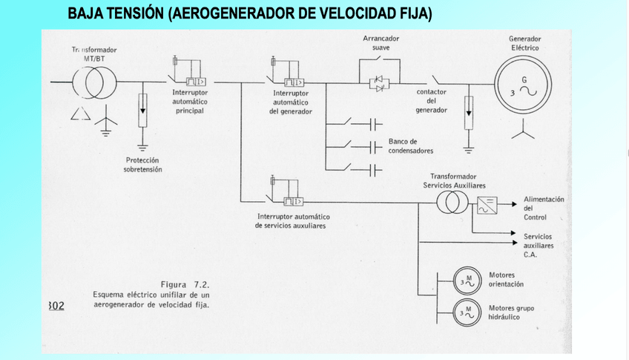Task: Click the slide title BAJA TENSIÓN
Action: tap(249, 14)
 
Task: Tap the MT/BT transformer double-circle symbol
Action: tap(94, 82)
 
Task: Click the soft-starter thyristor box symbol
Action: tap(380, 82)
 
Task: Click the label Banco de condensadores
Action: tap(410, 145)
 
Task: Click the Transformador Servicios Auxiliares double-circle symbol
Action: tap(451, 202)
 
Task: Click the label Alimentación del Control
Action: tap(544, 208)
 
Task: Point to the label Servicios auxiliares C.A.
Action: tap(539, 245)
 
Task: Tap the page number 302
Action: tap(56, 306)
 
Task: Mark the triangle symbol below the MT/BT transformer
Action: tap(77, 114)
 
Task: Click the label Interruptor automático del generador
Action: tap(290, 102)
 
